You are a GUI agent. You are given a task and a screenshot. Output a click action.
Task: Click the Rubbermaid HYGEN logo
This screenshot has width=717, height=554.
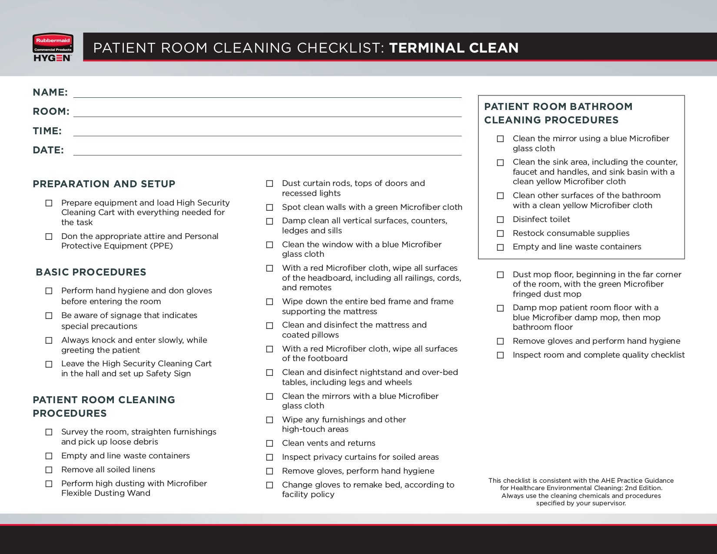click(53, 48)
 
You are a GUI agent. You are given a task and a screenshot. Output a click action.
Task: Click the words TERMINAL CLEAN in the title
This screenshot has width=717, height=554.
click(454, 48)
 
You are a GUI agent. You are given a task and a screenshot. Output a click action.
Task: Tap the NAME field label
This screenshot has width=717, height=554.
click(50, 92)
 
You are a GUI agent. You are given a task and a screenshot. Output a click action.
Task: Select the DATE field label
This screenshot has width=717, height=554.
click(48, 150)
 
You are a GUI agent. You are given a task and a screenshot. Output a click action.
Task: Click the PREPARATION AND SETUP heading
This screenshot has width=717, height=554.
click(104, 184)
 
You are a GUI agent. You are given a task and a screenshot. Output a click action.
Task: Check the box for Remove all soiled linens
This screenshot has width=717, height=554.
click(49, 470)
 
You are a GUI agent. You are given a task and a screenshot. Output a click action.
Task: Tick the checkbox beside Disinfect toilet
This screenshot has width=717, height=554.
click(501, 220)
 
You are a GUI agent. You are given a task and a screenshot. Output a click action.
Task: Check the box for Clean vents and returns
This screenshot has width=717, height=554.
click(270, 444)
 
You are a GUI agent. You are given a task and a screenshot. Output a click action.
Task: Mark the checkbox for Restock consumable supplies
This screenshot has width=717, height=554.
click(501, 234)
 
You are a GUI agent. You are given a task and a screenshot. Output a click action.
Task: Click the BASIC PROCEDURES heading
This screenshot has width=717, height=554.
click(91, 272)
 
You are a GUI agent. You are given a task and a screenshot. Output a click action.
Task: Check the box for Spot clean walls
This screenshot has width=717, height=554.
click(270, 208)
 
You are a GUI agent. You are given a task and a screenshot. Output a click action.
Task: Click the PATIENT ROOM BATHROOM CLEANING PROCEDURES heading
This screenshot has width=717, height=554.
click(558, 113)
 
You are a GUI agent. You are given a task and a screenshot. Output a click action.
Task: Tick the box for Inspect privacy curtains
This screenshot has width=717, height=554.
click(270, 458)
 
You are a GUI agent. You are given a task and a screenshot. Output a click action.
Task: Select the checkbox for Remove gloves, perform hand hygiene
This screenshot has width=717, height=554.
click(270, 471)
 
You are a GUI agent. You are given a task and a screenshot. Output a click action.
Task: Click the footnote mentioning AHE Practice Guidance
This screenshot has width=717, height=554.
click(581, 492)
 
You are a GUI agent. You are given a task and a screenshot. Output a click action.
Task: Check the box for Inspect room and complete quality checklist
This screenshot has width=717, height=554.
click(501, 355)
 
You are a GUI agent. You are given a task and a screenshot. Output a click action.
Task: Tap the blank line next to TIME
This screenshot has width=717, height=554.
click(267, 134)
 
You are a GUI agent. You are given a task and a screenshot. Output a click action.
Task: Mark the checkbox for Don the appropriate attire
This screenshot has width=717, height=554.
click(49, 237)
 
